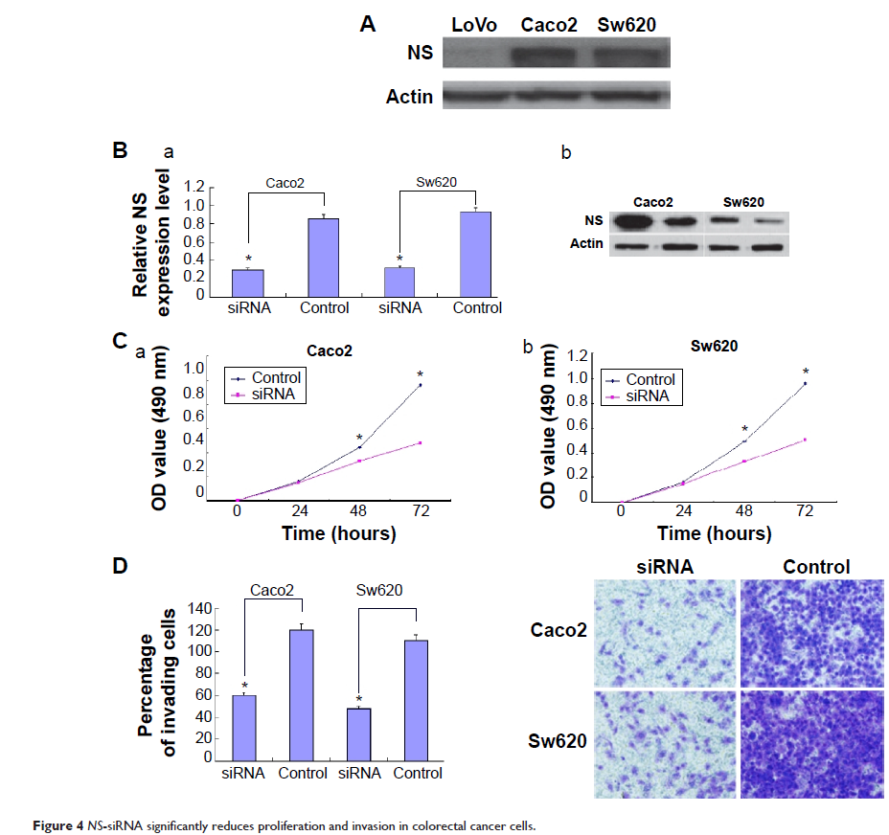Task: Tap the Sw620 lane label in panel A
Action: click(626, 25)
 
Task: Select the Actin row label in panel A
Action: click(409, 97)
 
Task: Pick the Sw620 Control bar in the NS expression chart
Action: click(477, 254)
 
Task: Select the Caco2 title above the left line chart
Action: click(331, 351)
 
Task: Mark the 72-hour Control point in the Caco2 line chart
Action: click(420, 385)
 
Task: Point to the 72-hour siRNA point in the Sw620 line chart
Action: click(805, 440)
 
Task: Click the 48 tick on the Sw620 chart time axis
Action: click(743, 513)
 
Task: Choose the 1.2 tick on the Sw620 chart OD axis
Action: click(575, 356)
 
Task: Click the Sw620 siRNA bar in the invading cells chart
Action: click(359, 733)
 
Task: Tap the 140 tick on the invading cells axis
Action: click(198, 608)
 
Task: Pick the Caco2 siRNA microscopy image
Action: click(666, 633)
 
